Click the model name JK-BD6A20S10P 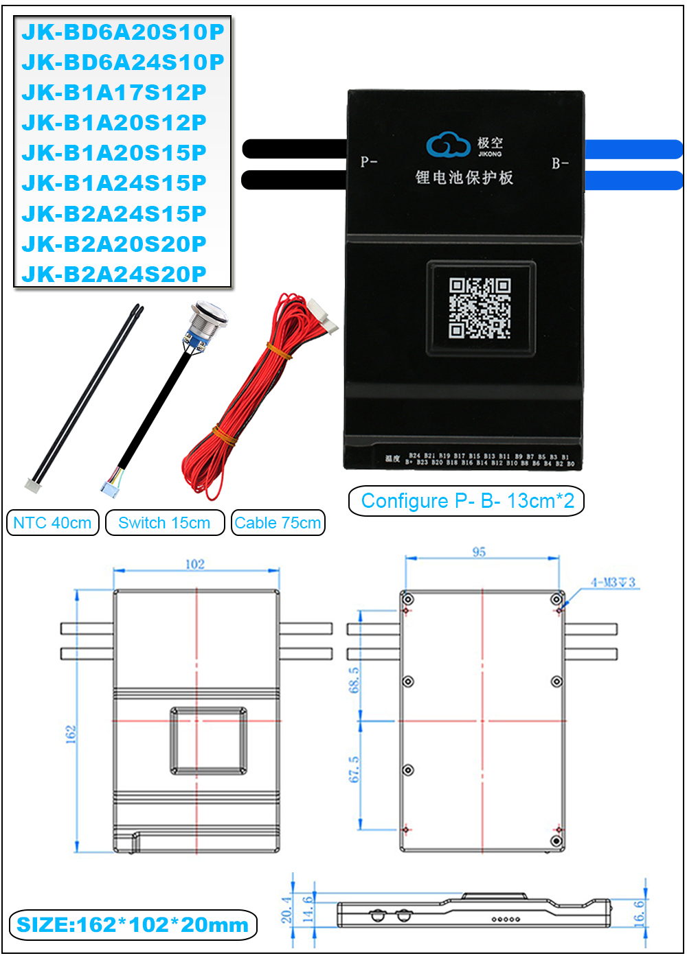pos(122,32)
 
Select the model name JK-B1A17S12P pos(114,93)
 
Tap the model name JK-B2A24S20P pos(114,274)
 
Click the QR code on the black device pos(480,308)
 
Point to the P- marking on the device pos(369,162)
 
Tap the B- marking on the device pos(560,163)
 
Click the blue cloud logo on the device pos(447,145)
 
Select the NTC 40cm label pos(52,523)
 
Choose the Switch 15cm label pos(164,523)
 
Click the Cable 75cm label pos(278,523)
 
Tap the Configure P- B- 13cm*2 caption pos(467,501)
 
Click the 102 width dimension pos(195,564)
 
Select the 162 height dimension pos(71,734)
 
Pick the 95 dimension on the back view pos(479,552)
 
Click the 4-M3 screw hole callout pos(613,583)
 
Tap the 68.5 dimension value pos(354,680)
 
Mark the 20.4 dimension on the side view pos(286,909)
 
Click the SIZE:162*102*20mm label pos(133,925)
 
